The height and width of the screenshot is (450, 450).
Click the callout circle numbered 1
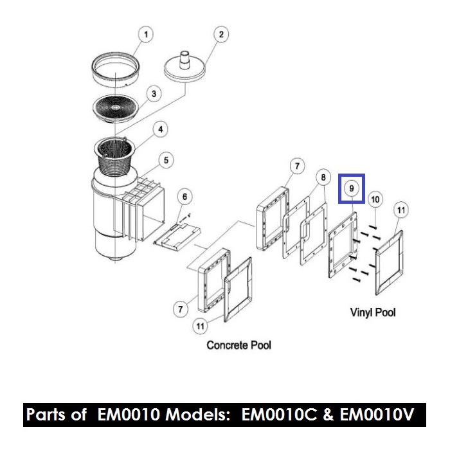pyautogui.click(x=146, y=34)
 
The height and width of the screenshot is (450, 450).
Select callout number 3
pyautogui.click(x=153, y=94)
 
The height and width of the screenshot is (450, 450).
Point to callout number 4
pyautogui.click(x=161, y=129)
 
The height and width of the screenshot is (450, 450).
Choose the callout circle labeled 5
pyautogui.click(x=166, y=159)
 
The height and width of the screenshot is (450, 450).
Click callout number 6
pyautogui.click(x=184, y=195)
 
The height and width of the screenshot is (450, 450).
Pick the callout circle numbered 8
pyautogui.click(x=323, y=177)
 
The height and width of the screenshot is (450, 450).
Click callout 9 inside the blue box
pyautogui.click(x=352, y=188)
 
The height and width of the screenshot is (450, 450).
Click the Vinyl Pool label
pyautogui.click(x=372, y=312)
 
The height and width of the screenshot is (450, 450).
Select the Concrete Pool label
pyautogui.click(x=239, y=345)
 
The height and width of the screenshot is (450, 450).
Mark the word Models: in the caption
pyautogui.click(x=201, y=415)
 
